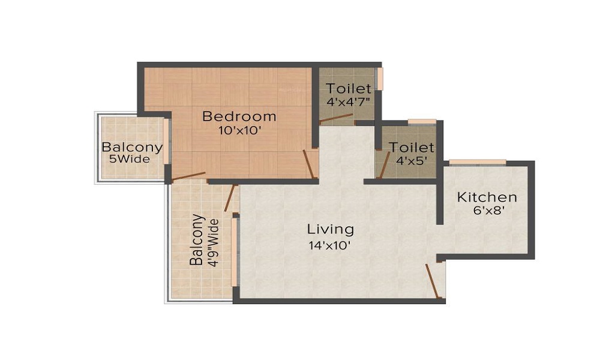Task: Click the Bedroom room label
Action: pos(239,116)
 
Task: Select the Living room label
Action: pos(331,229)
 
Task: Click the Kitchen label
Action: pos(487,197)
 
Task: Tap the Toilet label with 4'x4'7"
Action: pos(349,88)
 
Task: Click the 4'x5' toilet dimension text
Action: pos(412,161)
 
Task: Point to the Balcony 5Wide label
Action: pos(132,147)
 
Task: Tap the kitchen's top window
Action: pos(478,162)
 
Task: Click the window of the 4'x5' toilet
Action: pos(422,122)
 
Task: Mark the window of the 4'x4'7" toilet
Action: pos(379,79)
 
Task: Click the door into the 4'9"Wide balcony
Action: pos(229,198)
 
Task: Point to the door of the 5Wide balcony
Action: pos(188,176)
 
